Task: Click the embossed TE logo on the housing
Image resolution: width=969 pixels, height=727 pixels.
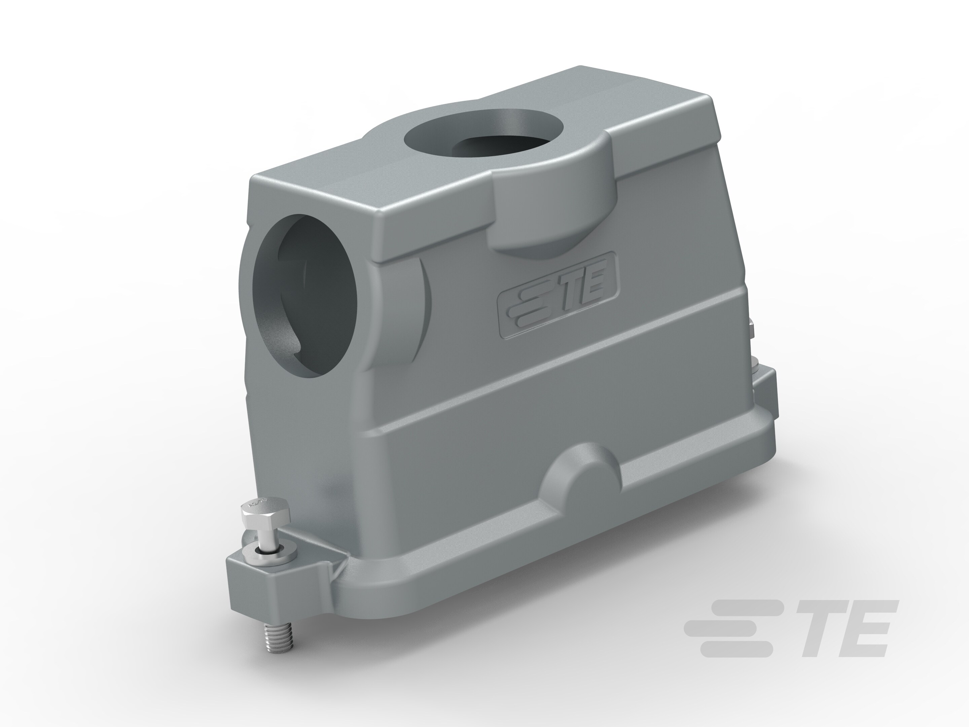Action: pyautogui.click(x=557, y=295)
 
